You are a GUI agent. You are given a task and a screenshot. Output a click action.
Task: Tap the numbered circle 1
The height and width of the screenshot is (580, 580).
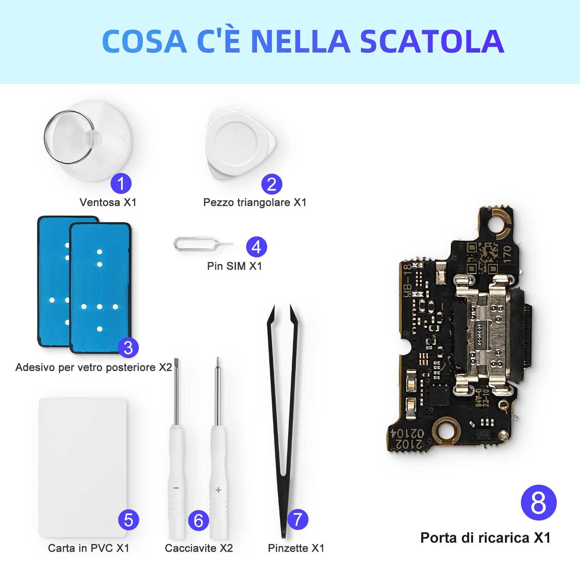pos(121,183)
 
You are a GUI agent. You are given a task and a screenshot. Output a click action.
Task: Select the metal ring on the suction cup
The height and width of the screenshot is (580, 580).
pos(69,137)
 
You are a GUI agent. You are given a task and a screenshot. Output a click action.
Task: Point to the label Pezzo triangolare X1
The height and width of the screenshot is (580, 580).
pos(254,202)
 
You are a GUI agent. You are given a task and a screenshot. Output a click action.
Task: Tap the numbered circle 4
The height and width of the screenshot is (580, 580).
pos(256,247)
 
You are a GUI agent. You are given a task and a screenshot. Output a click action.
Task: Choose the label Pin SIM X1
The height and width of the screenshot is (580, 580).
pos(234,266)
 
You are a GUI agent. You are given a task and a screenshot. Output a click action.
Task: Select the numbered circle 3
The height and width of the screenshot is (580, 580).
pos(128,348)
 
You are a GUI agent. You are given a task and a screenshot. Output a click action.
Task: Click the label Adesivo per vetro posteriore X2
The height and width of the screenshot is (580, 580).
pos(94,367)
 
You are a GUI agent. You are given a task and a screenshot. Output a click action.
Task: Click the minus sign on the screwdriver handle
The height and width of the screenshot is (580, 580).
pos(176,488)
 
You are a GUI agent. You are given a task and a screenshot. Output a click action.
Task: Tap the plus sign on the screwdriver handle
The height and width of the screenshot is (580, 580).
pos(218,490)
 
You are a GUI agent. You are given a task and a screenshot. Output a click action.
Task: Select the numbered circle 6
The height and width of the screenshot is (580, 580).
pos(198,521)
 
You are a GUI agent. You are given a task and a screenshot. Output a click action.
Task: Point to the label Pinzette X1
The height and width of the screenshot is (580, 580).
pos(296,548)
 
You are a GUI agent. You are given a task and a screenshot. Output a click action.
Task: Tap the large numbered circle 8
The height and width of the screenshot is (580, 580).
pos(538,503)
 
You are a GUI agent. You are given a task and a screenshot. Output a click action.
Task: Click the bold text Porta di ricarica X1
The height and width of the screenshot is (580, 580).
pos(485,538)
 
